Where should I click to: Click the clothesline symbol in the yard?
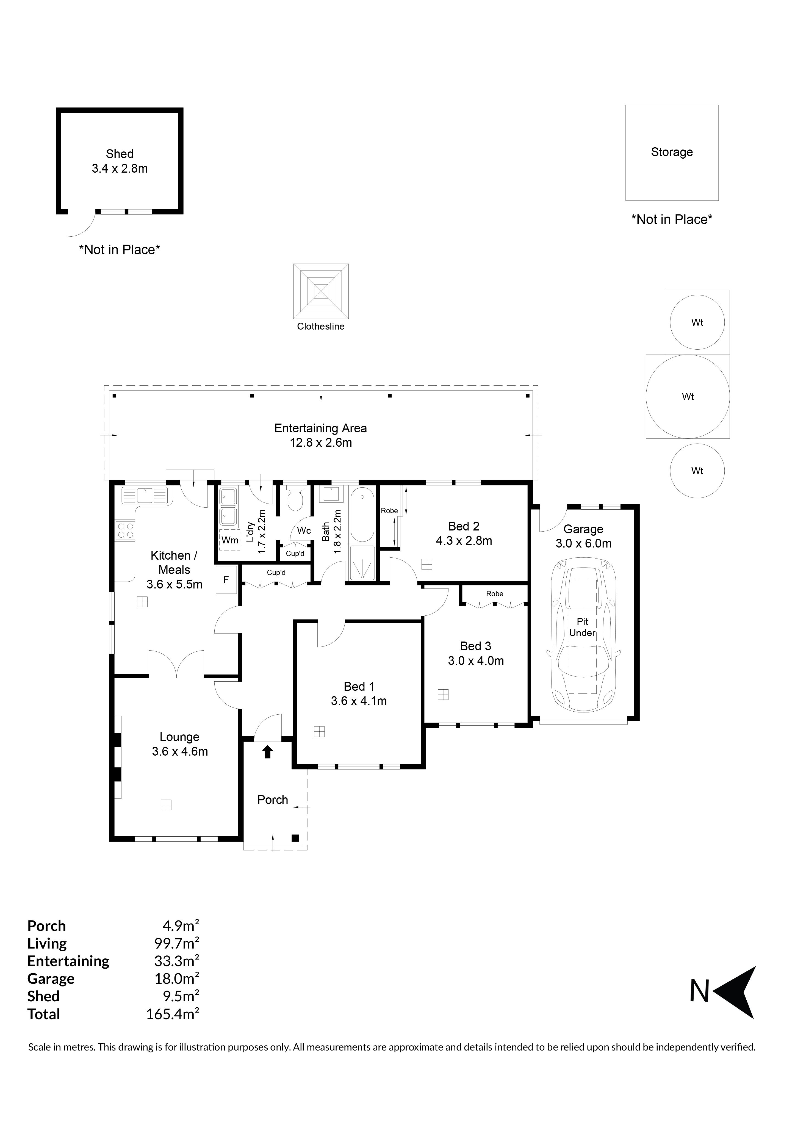click(321, 292)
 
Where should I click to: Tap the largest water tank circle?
click(688, 396)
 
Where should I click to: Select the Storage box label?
click(672, 152)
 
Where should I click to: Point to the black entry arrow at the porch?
click(267, 752)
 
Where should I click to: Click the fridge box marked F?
click(226, 580)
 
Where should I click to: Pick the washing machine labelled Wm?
click(229, 540)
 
